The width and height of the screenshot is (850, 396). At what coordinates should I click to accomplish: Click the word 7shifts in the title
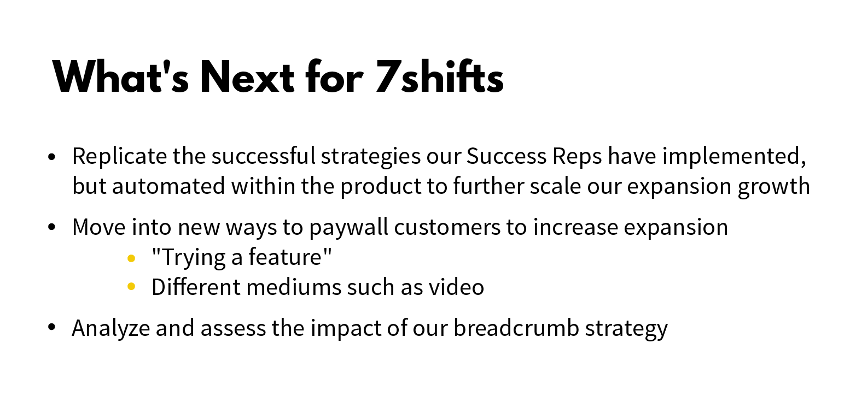[x=439, y=78]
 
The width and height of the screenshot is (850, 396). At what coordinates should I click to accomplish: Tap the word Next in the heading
[x=247, y=78]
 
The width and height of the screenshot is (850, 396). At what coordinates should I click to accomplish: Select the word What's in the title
[x=121, y=78]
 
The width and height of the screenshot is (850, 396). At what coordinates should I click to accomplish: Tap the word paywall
[x=349, y=227]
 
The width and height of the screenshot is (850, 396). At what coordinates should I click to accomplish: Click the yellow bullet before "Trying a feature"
[x=131, y=258]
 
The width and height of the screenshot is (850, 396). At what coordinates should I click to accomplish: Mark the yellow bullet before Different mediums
[x=131, y=287]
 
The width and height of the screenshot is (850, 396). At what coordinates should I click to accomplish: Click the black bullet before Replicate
[x=52, y=157]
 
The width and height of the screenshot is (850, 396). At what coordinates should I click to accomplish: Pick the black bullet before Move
[x=52, y=227]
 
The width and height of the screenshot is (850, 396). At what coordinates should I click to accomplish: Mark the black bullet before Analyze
[x=52, y=328]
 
